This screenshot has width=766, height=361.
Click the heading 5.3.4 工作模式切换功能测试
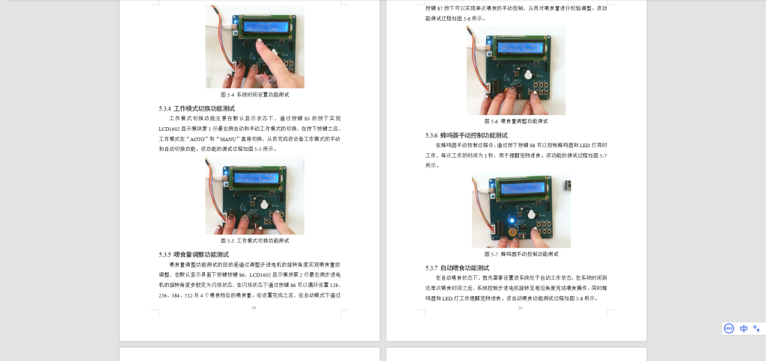click(197, 108)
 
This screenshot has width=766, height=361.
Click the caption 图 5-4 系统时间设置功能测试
click(254, 95)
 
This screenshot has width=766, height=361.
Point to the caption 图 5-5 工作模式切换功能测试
click(254, 241)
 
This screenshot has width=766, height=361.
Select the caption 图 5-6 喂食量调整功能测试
click(516, 120)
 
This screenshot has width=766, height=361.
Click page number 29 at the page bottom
click(254, 307)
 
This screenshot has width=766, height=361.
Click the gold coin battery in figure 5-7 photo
click(513, 233)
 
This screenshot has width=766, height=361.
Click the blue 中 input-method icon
click(744, 328)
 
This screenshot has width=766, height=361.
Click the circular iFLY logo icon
click(729, 328)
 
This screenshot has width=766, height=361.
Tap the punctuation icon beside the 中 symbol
click(756, 328)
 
